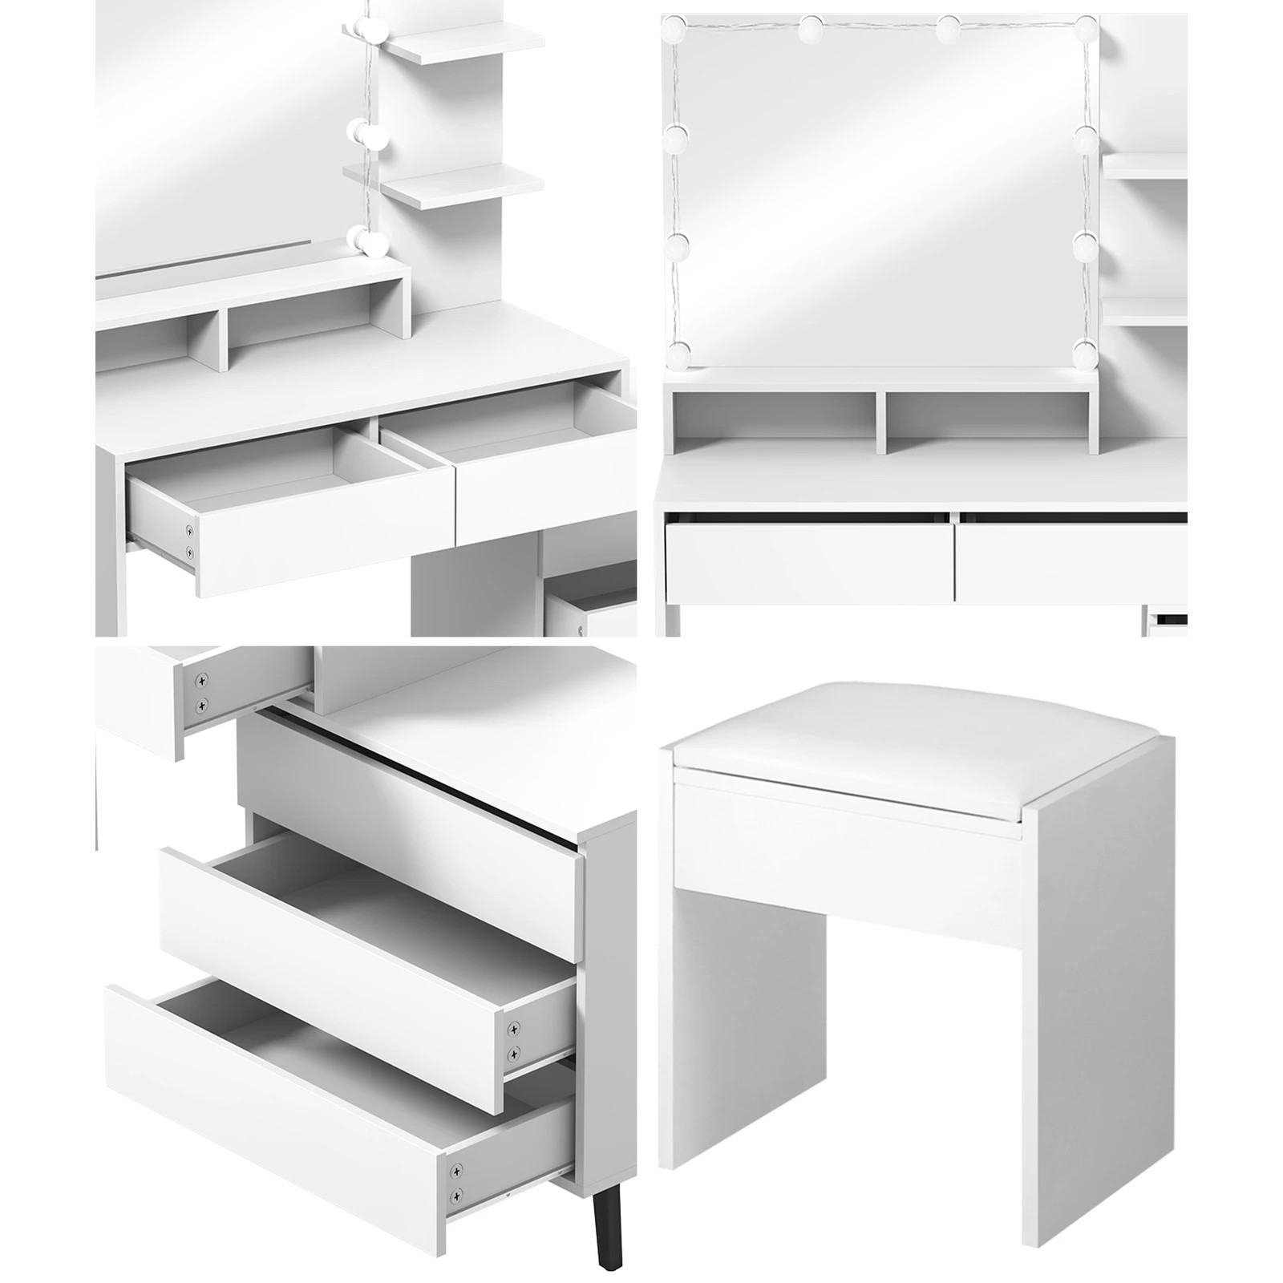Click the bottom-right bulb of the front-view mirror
[1085, 350]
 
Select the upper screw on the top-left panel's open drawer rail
[190, 530]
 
